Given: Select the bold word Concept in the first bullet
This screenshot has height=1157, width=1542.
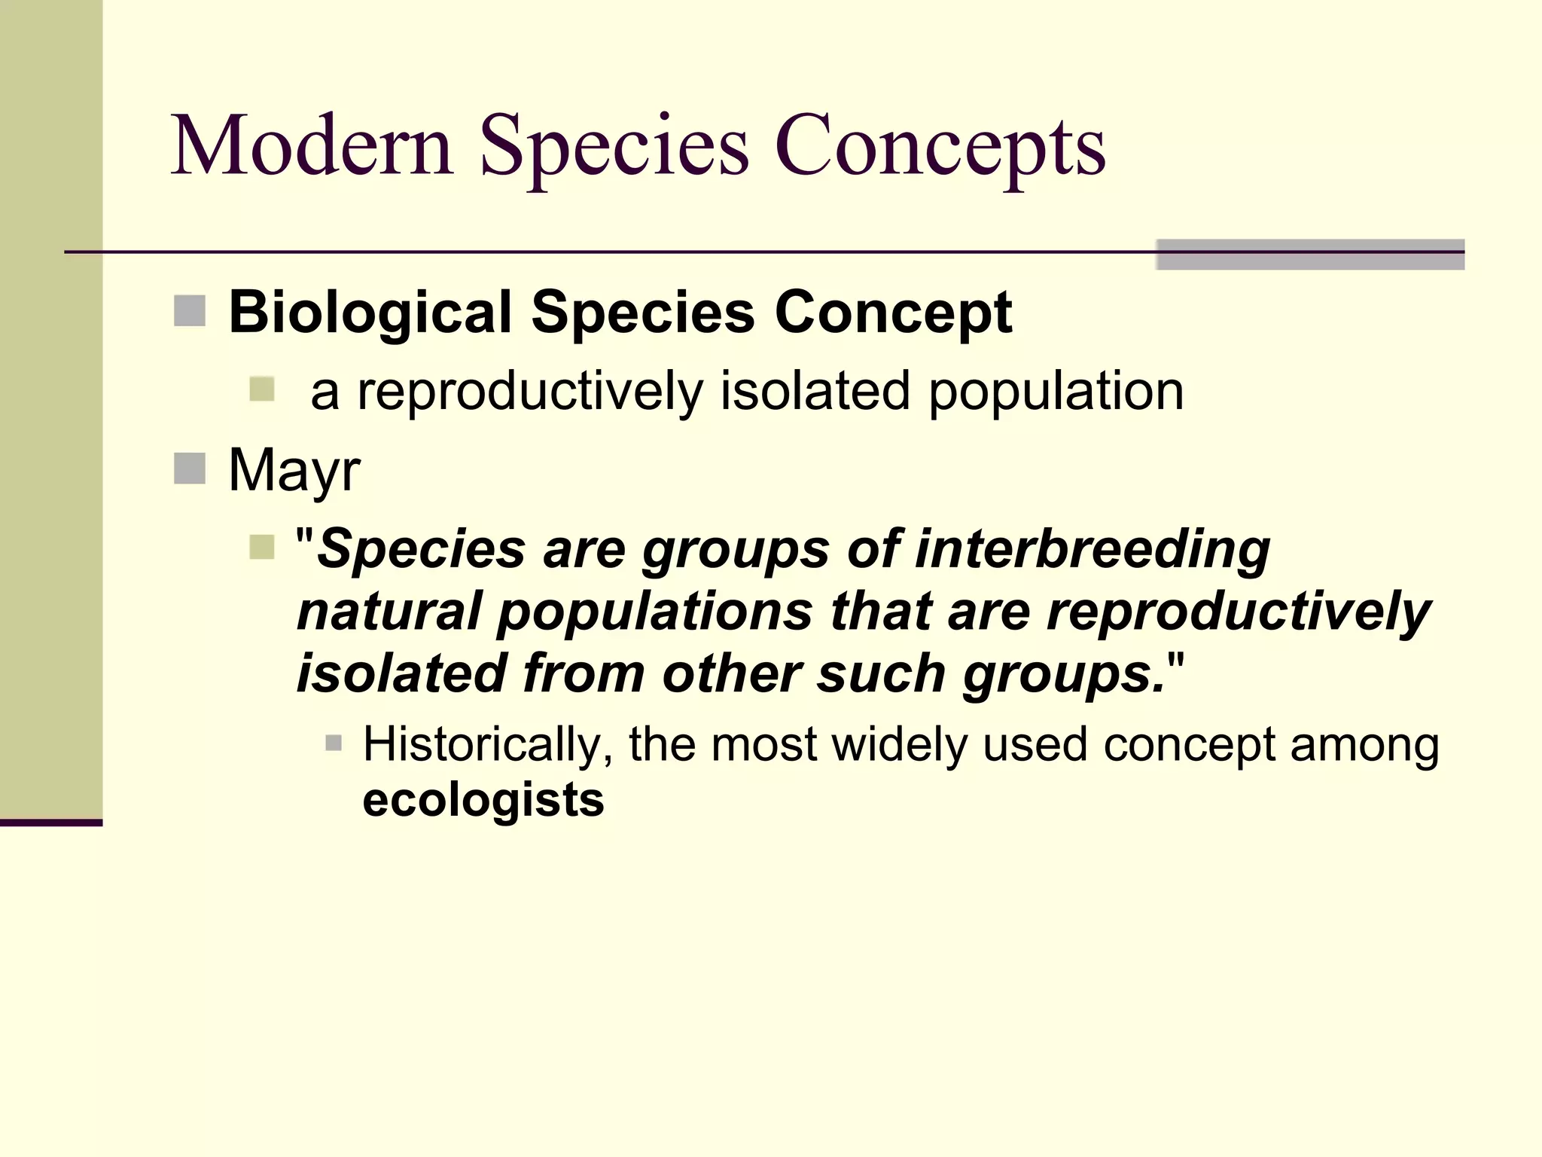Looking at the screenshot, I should pos(893,313).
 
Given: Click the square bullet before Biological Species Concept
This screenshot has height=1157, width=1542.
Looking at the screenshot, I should pos(190,311).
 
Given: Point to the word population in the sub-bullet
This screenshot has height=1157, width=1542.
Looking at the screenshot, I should pos(1056,392).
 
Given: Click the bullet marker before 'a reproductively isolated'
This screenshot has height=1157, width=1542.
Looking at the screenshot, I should pos(262,389).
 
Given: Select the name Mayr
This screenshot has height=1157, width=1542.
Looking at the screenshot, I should pos(294,471).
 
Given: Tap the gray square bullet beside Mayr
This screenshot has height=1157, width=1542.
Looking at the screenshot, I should pos(190,469).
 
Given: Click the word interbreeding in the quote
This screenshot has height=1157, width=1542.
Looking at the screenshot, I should pos(1093,550).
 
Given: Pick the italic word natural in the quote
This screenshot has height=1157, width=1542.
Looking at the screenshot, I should pos(389,611).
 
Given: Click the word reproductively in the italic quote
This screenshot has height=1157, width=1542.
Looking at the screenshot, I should pos(1239,612).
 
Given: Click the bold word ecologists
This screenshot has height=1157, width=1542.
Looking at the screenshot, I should pos(483,800).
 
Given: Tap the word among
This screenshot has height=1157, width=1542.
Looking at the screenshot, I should pos(1364,745).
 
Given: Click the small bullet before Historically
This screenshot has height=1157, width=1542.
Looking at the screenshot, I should pos(334,744).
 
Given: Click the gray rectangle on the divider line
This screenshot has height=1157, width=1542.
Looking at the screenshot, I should pos(1309,254).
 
